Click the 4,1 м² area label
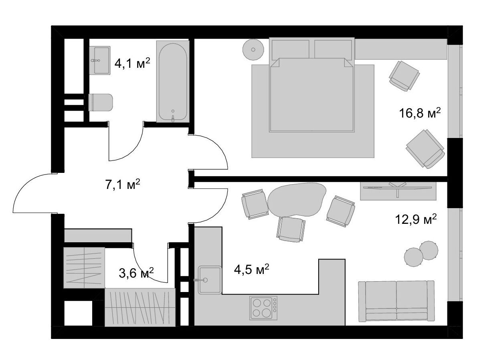(132, 63)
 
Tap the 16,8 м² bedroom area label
(420, 113)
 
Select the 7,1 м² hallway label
(123, 184)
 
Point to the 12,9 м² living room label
(416, 219)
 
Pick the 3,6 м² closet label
(136, 273)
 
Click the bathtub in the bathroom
(173, 81)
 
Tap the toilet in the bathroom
(100, 102)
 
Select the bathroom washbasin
(100, 60)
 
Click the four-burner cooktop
(263, 308)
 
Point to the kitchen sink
(210, 280)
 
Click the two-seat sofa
(396, 301)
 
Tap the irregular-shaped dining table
(297, 199)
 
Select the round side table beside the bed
(253, 50)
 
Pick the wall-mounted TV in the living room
(398, 187)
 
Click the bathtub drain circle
(173, 111)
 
